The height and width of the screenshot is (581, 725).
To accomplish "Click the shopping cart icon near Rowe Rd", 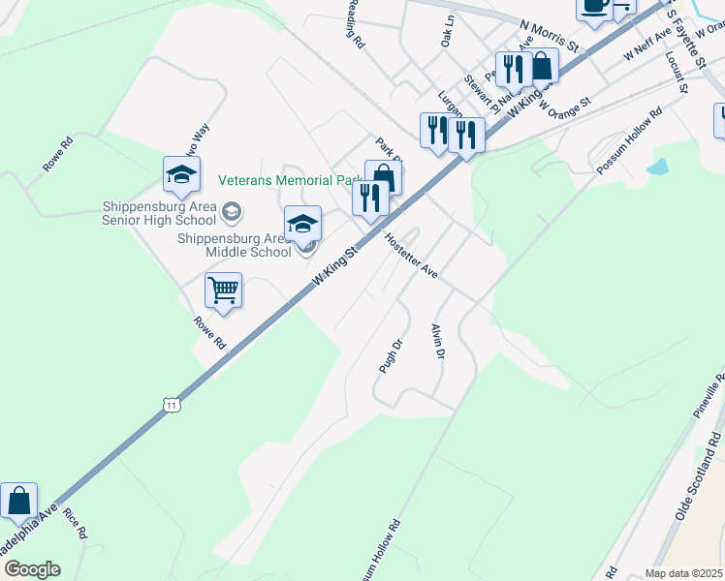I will click(224, 290).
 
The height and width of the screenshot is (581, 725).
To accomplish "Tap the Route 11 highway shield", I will click(172, 404).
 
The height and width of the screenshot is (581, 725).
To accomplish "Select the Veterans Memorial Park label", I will click(290, 180).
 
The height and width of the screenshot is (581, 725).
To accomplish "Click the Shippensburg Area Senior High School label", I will click(165, 212).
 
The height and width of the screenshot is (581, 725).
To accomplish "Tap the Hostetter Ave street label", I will click(411, 257).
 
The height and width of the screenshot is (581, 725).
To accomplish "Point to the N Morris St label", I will click(549, 37).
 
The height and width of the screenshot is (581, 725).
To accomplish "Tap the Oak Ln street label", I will click(447, 31).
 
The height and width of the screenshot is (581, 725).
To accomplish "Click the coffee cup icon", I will click(593, 5).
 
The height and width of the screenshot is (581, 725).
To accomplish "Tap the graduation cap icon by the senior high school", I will click(181, 173).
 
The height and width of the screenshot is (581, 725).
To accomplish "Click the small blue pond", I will click(657, 167).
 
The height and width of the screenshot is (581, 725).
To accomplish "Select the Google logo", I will click(31, 569).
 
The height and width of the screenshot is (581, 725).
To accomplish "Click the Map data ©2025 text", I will click(683, 573).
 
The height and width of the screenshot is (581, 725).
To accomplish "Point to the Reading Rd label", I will click(355, 23).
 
